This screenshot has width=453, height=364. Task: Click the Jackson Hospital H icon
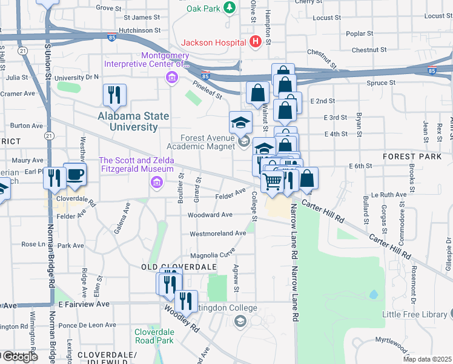pos(255,42)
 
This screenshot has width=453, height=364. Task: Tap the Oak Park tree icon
pos(230,8)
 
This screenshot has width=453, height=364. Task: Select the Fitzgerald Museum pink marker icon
pos(157,182)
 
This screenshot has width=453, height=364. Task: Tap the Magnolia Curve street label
pos(213,255)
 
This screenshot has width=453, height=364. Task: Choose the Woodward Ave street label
pos(210,215)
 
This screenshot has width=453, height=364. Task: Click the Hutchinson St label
pos(140,29)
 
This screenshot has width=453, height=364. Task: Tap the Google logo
pos(19,357)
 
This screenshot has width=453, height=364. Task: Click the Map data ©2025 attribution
pos(428,359)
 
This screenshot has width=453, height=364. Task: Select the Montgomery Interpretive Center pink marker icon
pos(172,77)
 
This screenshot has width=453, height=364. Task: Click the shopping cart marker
pos(273,180)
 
